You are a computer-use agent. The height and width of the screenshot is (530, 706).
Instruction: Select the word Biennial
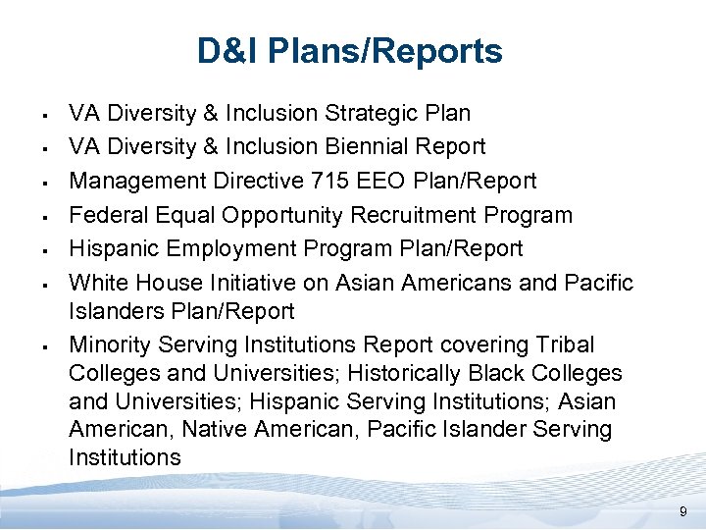[362, 146]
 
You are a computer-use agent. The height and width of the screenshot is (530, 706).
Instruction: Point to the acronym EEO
[378, 181]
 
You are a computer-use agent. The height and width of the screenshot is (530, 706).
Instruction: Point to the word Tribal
[564, 344]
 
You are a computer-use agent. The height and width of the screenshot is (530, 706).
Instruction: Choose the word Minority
[109, 344]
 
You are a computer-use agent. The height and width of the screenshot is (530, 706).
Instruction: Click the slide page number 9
[683, 513]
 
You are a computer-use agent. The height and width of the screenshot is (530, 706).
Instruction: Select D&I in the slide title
[227, 51]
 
